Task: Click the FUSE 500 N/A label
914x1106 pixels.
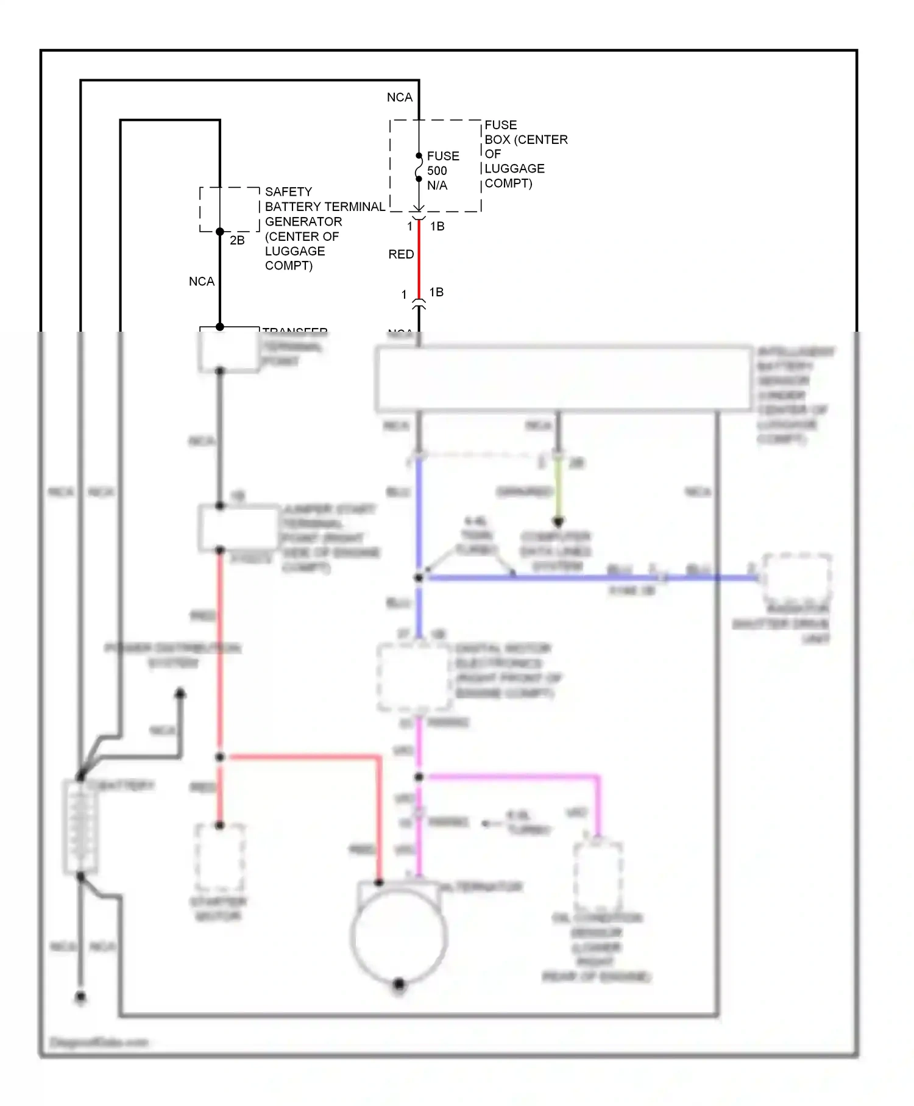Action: (x=442, y=171)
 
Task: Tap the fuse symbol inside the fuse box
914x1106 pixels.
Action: (x=419, y=167)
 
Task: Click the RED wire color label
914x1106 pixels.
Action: (x=401, y=254)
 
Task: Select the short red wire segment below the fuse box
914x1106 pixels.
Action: (x=419, y=259)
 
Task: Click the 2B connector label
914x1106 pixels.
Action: (x=237, y=241)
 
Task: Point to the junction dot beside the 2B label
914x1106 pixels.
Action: (x=220, y=232)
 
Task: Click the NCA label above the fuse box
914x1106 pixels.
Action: (x=400, y=98)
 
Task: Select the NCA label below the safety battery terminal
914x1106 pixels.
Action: (x=202, y=282)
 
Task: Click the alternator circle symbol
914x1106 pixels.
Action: (x=399, y=936)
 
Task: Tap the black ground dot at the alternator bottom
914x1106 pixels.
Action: (x=399, y=983)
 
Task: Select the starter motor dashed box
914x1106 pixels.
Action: (x=220, y=858)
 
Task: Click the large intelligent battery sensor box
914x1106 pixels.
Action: (x=564, y=378)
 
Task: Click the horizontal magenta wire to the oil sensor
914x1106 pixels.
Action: (x=512, y=777)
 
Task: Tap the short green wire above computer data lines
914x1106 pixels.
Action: (x=558, y=491)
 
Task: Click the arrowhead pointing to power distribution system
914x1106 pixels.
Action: (x=180, y=694)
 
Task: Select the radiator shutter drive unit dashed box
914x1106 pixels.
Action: (x=797, y=578)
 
